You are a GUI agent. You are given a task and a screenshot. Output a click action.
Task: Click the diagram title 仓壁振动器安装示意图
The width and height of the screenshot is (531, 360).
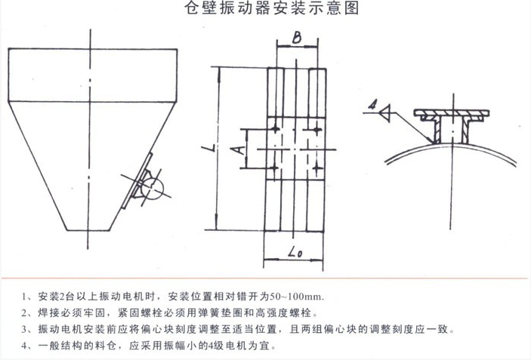[272, 8]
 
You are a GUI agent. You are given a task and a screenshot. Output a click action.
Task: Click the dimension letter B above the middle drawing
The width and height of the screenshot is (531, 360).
[297, 38]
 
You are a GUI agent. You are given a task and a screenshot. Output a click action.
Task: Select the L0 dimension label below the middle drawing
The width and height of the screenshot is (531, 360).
[295, 252]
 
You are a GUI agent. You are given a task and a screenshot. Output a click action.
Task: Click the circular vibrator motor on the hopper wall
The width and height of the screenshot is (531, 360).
[152, 189]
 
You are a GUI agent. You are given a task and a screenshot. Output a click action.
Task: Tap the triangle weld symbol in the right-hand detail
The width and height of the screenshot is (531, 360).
[385, 113]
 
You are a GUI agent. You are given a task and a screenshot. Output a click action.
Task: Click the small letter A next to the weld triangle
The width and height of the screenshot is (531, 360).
[372, 105]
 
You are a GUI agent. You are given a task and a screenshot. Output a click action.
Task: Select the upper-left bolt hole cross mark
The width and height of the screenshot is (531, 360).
[276, 129]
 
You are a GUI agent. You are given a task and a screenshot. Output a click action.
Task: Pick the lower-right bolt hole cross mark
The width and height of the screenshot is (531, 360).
[316, 168]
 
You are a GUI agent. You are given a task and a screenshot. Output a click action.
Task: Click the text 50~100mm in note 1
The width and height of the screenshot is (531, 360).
[297, 297]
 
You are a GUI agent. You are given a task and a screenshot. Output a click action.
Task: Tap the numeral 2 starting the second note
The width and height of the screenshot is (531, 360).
[24, 313]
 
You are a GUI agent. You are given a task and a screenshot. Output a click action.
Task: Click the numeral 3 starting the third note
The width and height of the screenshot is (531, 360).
[24, 329]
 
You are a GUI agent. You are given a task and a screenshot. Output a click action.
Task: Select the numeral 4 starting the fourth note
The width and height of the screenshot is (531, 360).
[24, 346]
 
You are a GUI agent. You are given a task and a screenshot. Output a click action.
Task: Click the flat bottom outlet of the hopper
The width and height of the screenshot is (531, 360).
[88, 230]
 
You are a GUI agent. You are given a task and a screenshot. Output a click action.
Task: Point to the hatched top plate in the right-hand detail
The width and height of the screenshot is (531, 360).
[452, 112]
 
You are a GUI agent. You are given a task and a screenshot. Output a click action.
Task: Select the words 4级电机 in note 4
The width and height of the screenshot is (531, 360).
[227, 346]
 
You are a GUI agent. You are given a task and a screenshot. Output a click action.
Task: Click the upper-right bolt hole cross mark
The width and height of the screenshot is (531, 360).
[316, 129]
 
